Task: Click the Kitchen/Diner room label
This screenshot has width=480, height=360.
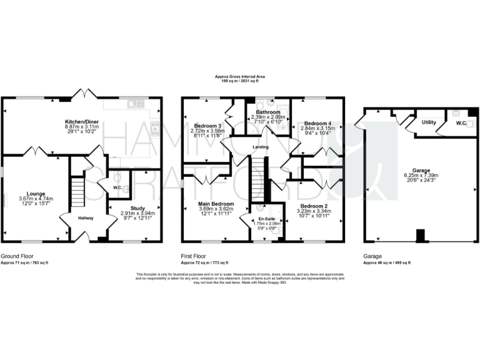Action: pos(81,121)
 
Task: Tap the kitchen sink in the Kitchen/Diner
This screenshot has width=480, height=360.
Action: pos(134,103)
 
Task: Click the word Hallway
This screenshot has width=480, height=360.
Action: pos(86,218)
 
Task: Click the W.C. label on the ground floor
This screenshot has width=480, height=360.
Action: pos(117,187)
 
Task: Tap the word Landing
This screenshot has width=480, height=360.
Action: pos(260,147)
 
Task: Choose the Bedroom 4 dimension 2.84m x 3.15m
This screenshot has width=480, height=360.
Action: pos(319,128)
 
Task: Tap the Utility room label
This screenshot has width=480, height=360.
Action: pos(429,122)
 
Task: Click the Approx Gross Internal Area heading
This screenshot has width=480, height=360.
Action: pos(240,76)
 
